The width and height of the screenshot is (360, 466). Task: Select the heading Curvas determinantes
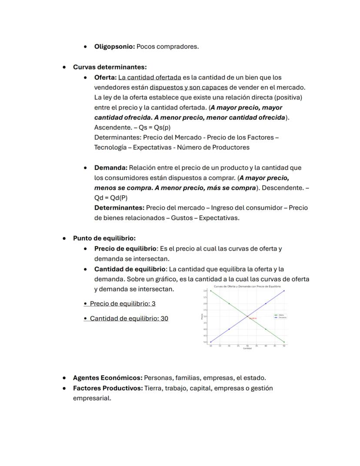[110, 67]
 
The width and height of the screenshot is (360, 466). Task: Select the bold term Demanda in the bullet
[110, 168]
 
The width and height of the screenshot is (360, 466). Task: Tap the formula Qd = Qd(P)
[111, 198]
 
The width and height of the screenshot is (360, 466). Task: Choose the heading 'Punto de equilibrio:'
[104, 238]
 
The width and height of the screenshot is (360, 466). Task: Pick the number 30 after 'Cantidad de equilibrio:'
[164, 318]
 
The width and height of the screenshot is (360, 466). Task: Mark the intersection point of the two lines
[247, 316]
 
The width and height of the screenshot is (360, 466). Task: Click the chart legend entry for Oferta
[280, 315]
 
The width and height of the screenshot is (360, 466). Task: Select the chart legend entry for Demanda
[281, 318]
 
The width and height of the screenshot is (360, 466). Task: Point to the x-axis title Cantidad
[247, 349]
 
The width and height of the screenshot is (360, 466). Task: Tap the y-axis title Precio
[202, 317]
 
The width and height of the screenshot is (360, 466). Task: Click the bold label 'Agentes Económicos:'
[107, 378]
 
